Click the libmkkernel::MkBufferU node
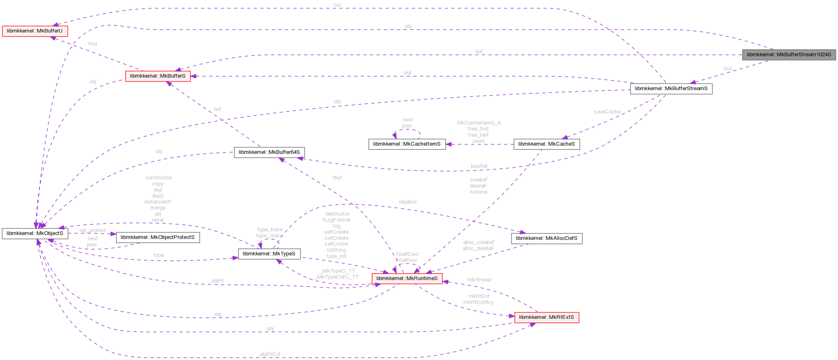tap(35, 31)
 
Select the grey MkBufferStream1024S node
tap(789, 55)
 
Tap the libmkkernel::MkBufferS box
tap(158, 76)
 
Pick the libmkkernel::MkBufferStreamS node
tap(671, 88)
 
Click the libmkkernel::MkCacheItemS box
tap(407, 144)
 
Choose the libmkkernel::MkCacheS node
tap(546, 144)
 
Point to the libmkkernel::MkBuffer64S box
tap(269, 152)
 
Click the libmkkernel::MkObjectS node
tap(35, 234)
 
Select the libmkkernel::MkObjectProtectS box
tap(158, 237)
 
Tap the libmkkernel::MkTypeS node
tap(269, 254)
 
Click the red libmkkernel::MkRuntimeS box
tap(407, 279)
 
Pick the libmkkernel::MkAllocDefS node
tap(546, 238)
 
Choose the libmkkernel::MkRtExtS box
tap(546, 317)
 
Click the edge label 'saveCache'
tap(607, 112)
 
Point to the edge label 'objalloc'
tap(407, 202)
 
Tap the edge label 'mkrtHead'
tap(479, 280)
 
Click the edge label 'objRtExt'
tap(270, 354)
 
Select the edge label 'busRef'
tap(479, 166)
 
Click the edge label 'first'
tap(93, 44)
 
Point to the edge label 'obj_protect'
tap(93, 230)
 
